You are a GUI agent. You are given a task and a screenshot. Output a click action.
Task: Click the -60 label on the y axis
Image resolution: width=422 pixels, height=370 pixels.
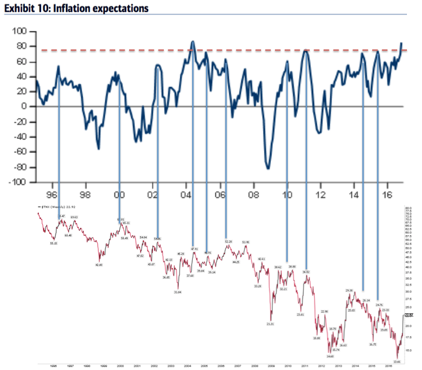point(19,152)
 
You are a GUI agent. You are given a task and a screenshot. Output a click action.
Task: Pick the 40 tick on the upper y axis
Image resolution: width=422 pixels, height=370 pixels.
point(22,76)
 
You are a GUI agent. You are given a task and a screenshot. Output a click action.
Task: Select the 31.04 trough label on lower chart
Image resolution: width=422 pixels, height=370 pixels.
point(178,292)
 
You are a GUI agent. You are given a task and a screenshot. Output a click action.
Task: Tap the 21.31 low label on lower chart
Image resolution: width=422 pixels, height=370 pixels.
point(270,324)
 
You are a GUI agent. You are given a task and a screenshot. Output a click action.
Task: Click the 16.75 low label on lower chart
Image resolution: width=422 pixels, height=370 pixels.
point(373,344)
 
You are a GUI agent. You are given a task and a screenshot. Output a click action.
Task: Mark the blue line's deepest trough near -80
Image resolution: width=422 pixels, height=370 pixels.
point(268,168)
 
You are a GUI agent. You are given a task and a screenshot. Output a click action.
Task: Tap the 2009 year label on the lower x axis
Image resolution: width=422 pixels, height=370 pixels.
point(271,366)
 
